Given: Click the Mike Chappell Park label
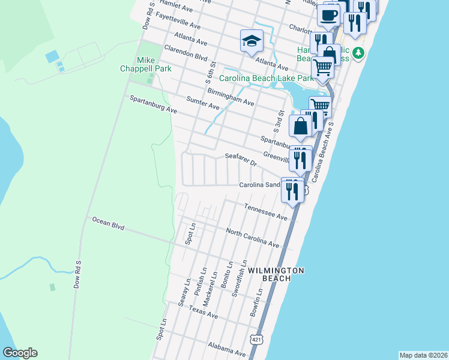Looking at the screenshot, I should [x=146, y=65].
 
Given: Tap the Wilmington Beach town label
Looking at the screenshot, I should [x=275, y=274].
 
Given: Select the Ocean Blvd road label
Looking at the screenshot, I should [x=108, y=224].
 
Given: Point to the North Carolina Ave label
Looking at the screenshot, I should [x=253, y=238].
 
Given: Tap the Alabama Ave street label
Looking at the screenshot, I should [x=227, y=350].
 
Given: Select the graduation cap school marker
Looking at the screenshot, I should [x=252, y=41].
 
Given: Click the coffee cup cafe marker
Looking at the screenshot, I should [x=328, y=15].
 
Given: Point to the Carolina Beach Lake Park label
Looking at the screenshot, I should [x=266, y=79].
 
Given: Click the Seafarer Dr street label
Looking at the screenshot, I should [x=241, y=160].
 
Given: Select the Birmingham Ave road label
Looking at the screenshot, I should [x=231, y=97].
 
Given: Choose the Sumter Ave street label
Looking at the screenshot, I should [x=203, y=103].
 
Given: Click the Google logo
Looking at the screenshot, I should [x=20, y=353].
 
